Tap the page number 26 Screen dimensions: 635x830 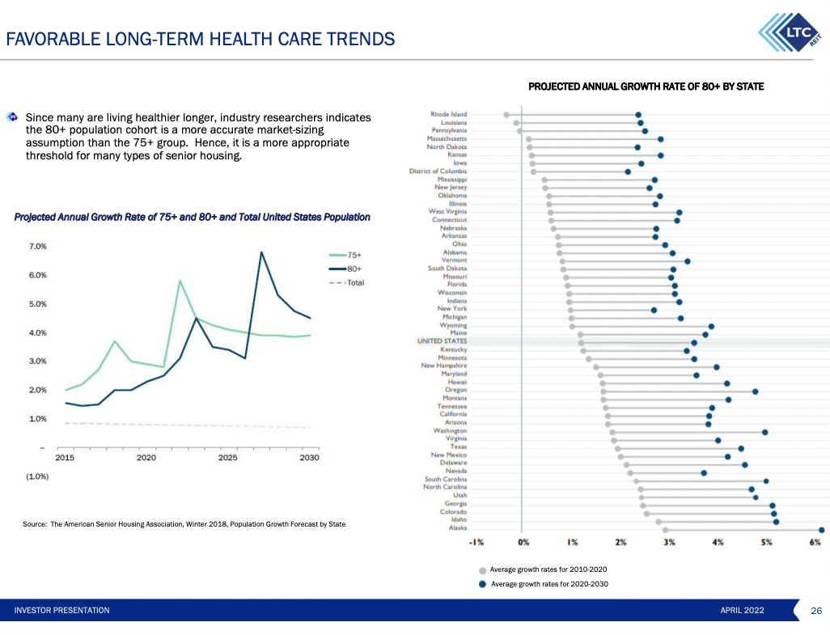pos(816,610)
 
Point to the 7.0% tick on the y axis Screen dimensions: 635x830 pos(38,246)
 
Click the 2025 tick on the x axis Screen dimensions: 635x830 pos(228,458)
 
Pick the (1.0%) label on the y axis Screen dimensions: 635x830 pos(37,476)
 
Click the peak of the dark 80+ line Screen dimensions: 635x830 pos(261,252)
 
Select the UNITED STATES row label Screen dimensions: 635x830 pos(442,341)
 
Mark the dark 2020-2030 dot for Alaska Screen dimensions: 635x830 pos(821,530)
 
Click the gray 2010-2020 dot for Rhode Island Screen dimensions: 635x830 pos(506,115)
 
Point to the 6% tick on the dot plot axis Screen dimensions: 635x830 pos(815,542)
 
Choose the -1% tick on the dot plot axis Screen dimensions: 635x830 pos(476,542)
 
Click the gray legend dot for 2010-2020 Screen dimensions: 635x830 pos(483,570)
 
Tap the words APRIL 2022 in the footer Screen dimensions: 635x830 pos(742,610)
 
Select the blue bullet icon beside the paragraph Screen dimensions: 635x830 pos(12,117)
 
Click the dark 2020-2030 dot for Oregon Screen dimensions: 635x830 pos(755,391)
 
